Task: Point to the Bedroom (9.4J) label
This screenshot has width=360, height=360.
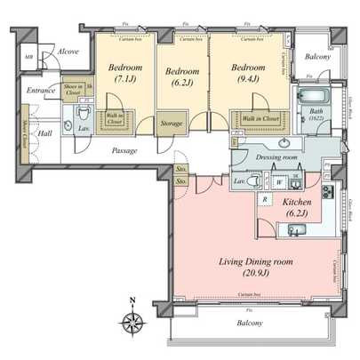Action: (249, 73)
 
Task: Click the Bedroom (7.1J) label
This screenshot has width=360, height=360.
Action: (125, 73)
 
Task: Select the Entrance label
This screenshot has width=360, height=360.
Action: (41, 91)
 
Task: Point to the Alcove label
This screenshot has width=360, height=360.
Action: (68, 52)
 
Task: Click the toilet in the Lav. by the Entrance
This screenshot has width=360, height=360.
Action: (82, 114)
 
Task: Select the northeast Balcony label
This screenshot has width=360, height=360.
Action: (317, 57)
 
